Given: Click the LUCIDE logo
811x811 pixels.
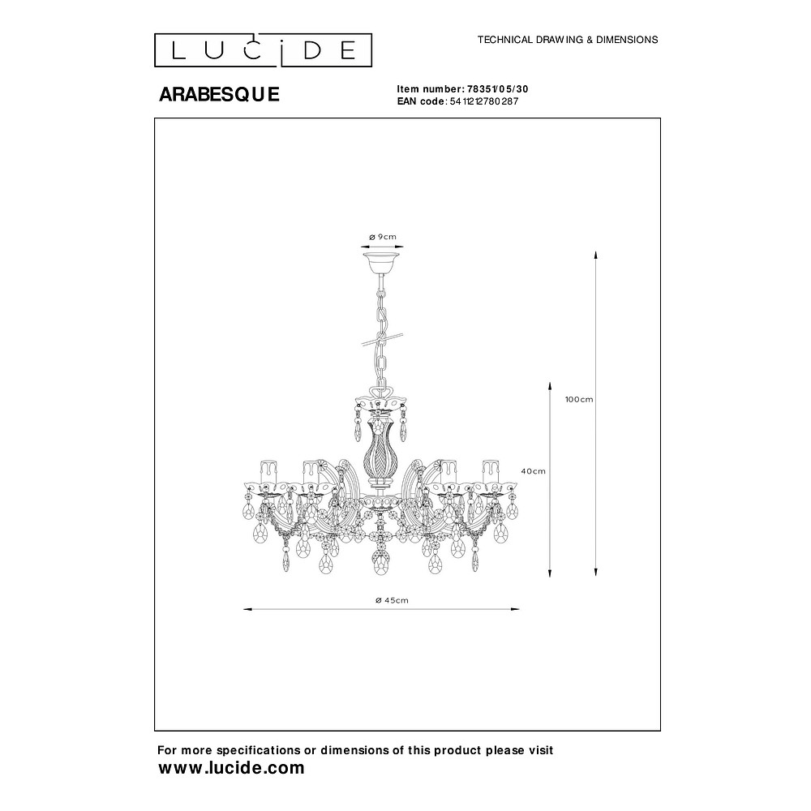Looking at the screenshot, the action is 263,50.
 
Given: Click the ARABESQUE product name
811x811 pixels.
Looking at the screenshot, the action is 219,94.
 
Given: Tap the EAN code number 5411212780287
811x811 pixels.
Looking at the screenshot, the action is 483,101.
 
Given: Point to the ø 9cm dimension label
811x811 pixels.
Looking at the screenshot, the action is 383,237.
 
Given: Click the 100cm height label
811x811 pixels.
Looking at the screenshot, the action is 579,399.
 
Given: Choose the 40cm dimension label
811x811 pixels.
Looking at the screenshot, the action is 533,471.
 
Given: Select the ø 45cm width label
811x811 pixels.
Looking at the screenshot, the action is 392,600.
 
